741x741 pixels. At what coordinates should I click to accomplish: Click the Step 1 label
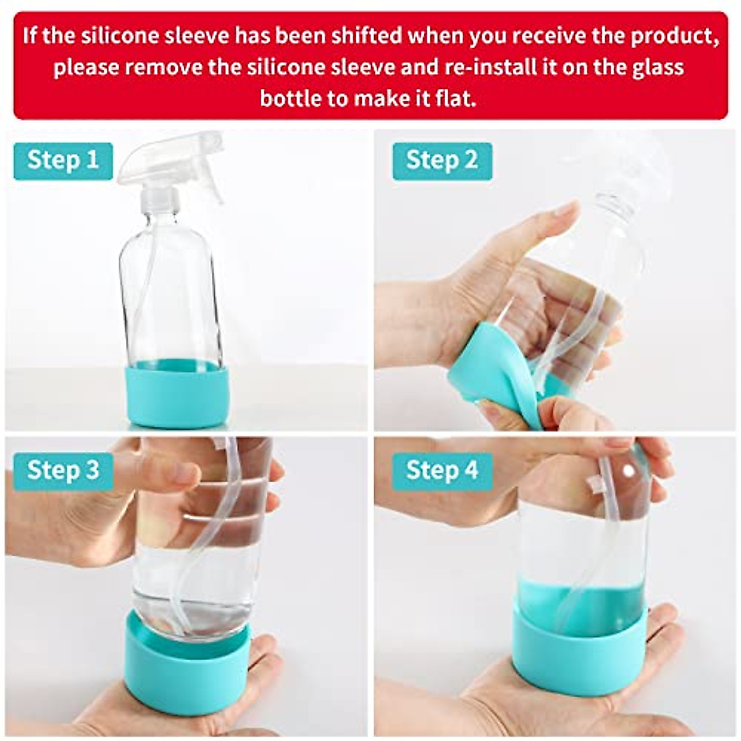point(62,161)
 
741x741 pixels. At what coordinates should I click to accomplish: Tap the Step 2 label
point(442,161)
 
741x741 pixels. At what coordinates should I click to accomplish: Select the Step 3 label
point(62,471)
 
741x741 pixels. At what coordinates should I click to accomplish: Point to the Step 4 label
point(442,471)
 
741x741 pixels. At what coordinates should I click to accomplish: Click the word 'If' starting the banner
point(31,35)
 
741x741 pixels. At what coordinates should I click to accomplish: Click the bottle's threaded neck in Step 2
point(611,204)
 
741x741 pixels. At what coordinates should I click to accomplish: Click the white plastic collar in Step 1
point(162,199)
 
